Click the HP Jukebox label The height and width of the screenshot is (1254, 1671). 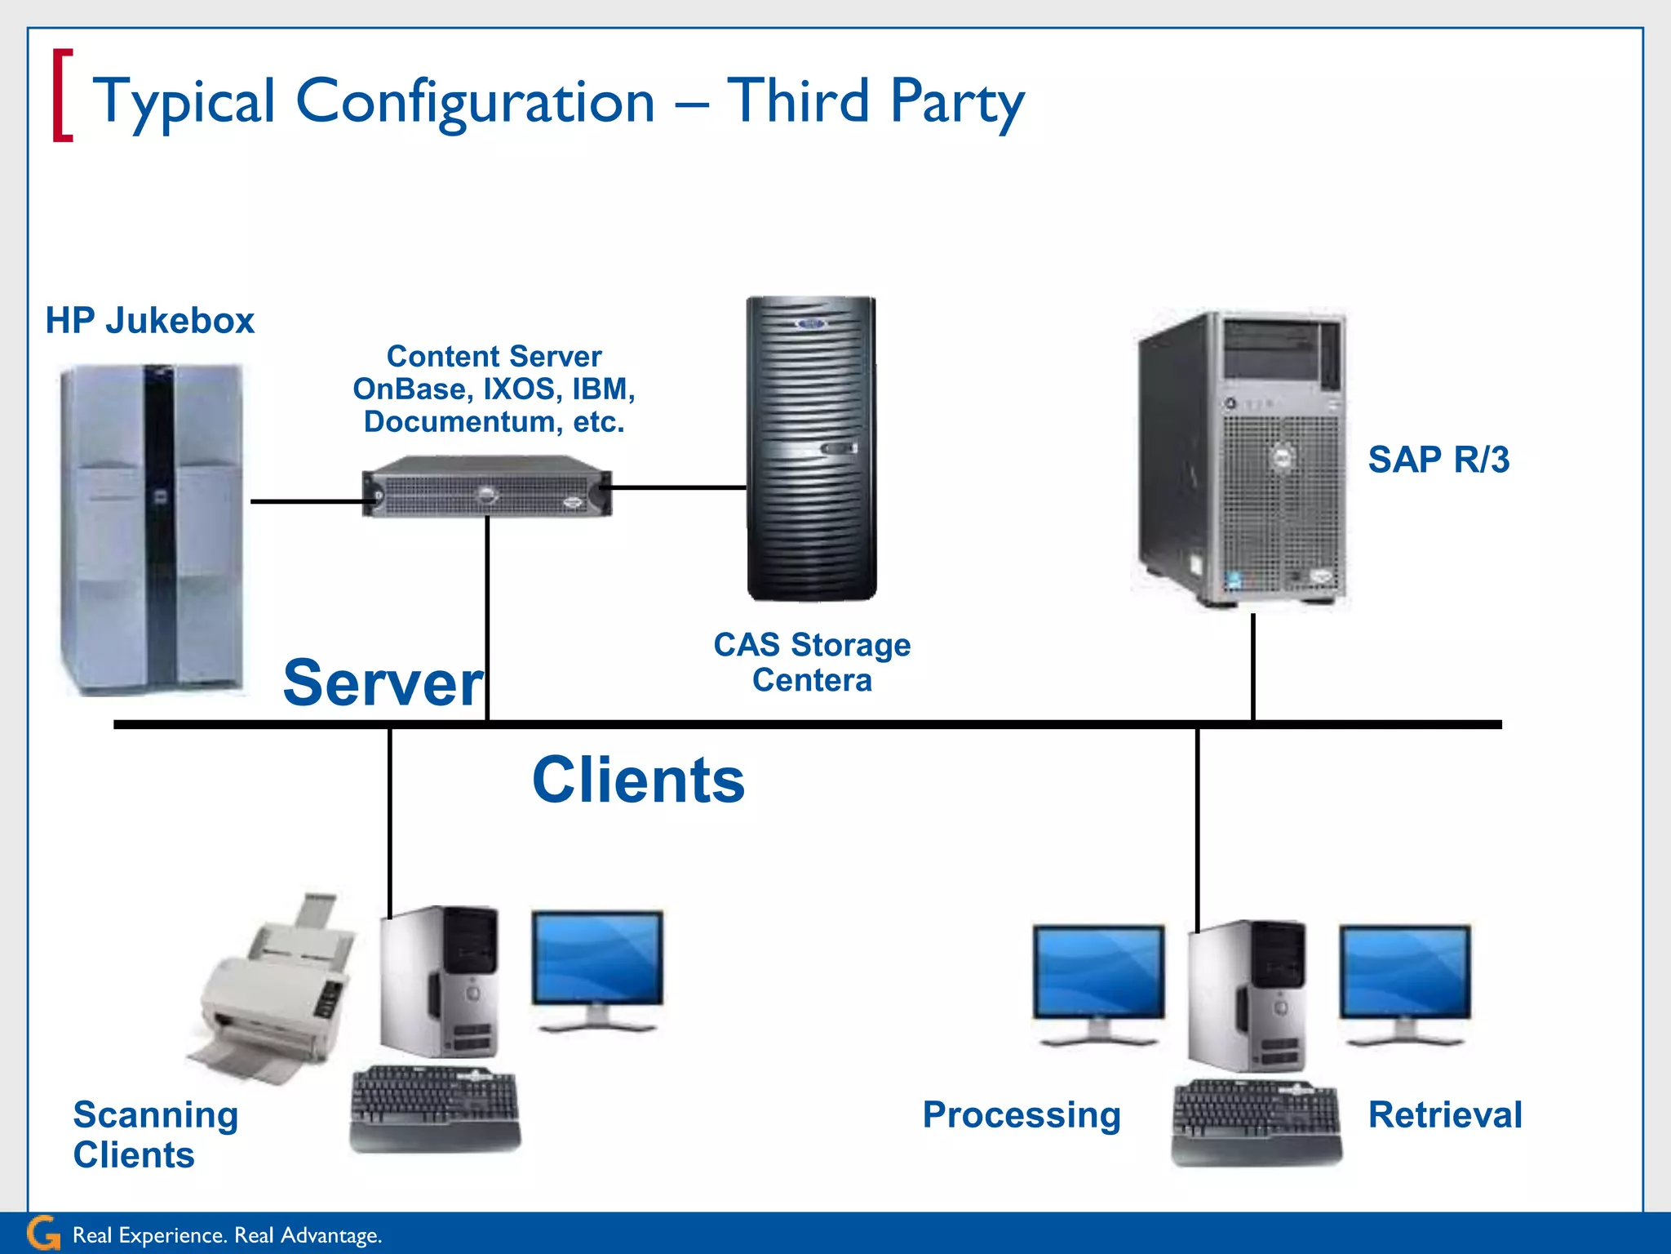(149, 320)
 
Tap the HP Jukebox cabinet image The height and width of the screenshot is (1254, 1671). (153, 529)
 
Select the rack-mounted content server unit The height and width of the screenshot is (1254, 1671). (487, 489)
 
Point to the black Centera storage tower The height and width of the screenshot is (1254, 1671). (812, 448)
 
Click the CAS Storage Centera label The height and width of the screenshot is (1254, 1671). (812, 662)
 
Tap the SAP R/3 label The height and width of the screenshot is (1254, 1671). (1438, 459)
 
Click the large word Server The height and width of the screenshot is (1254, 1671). (383, 683)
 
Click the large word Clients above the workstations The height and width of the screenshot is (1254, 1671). (638, 780)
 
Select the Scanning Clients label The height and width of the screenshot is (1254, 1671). (155, 1134)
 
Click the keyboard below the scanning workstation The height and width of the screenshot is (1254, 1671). (435, 1109)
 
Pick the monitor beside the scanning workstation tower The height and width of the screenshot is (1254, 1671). (597, 967)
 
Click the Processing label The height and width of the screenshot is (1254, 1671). (1022, 1114)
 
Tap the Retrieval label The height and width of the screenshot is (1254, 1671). (1445, 1114)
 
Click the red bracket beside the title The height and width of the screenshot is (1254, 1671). (62, 96)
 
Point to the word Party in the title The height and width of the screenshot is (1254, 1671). (957, 102)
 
